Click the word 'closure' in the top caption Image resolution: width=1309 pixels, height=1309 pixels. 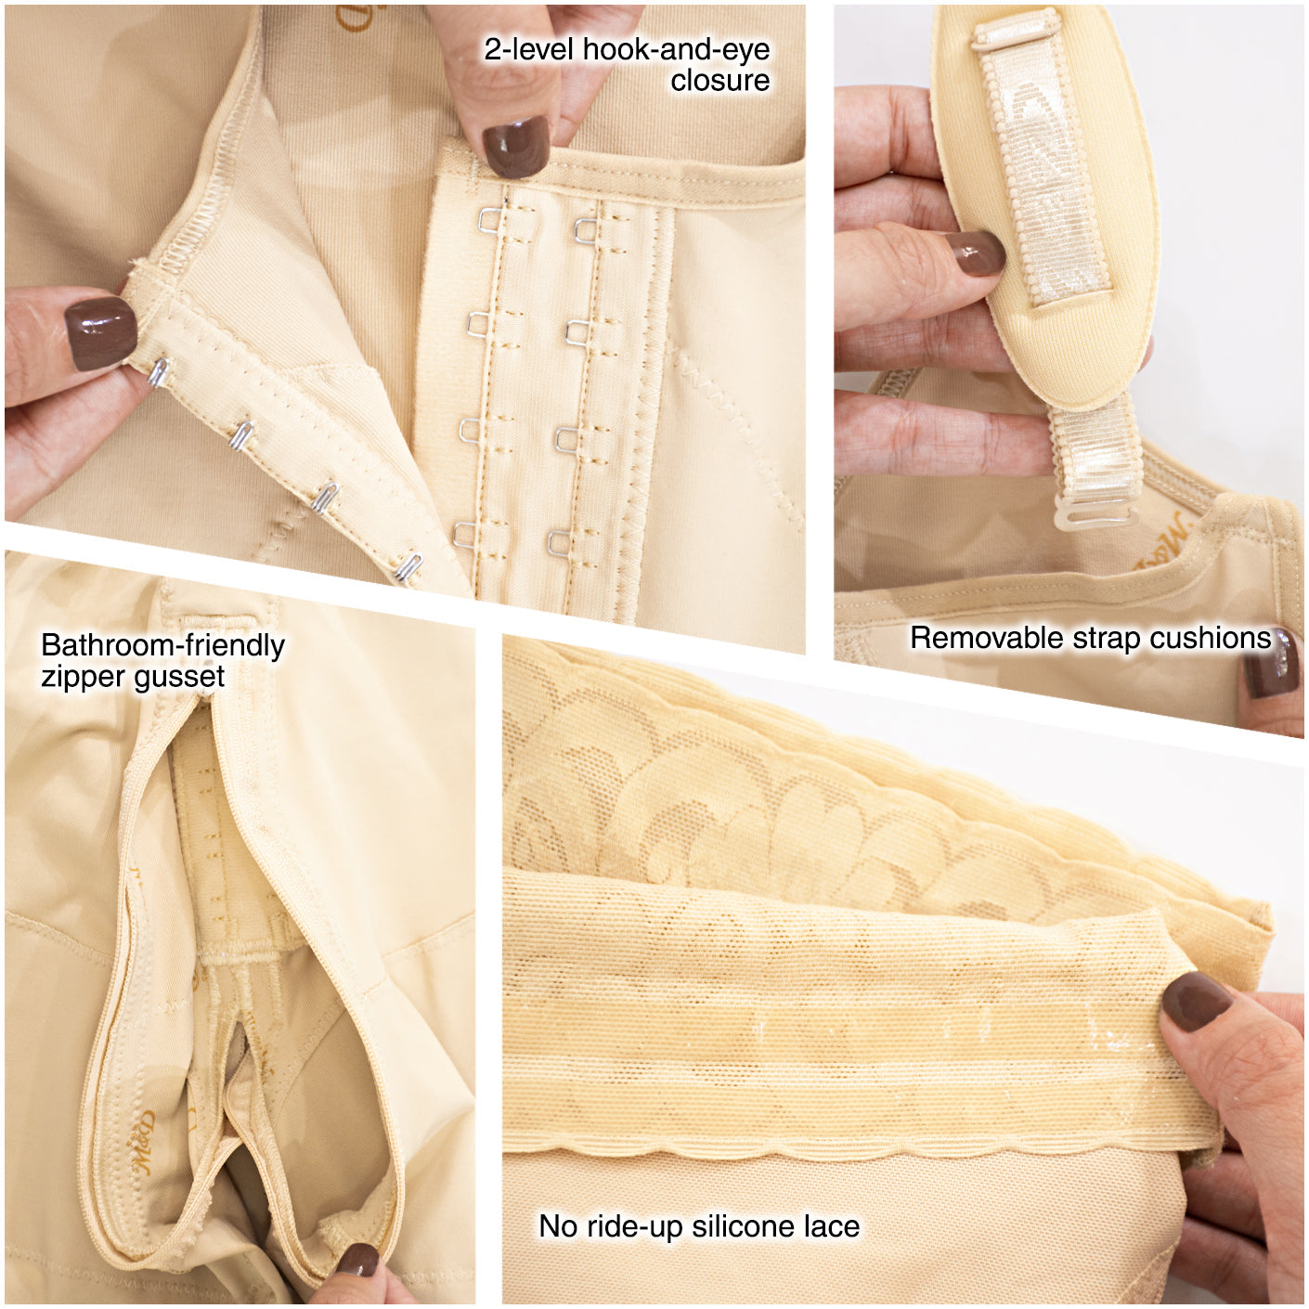click(720, 80)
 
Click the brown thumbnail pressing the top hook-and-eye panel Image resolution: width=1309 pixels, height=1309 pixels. click(515, 146)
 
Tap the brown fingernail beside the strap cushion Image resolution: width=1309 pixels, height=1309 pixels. click(977, 253)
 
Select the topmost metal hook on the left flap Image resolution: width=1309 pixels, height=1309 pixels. click(159, 373)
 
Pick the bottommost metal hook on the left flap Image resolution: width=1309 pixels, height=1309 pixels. click(409, 568)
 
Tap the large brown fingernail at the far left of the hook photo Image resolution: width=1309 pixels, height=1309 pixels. click(100, 334)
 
